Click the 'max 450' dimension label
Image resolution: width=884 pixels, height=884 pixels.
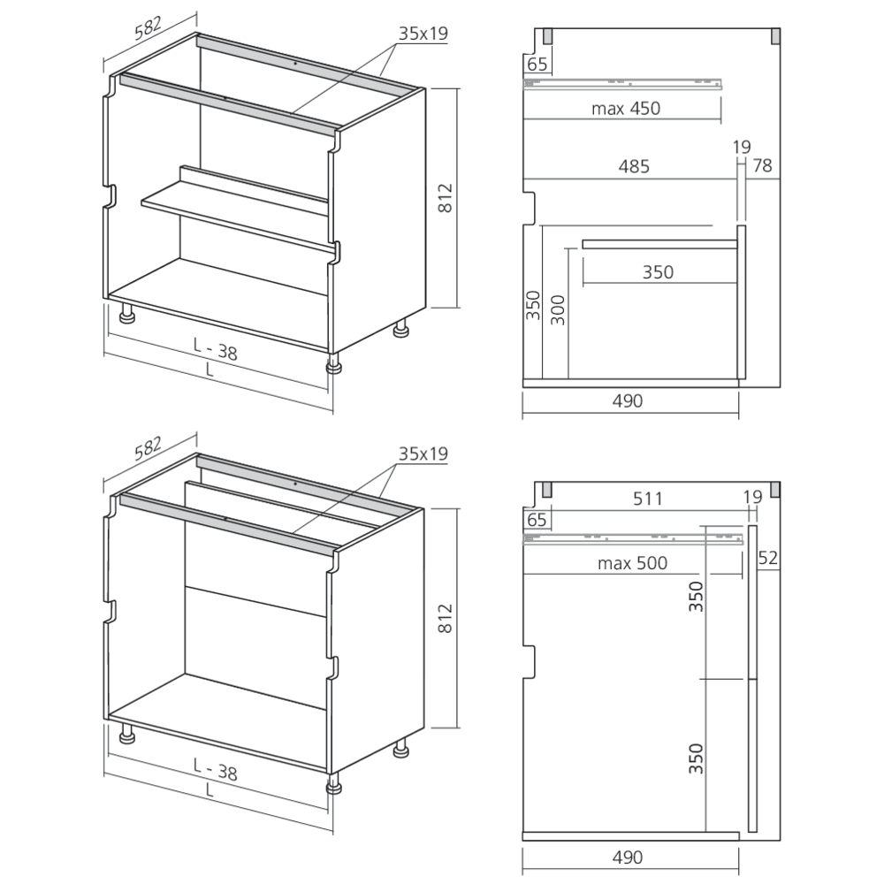pos(627,109)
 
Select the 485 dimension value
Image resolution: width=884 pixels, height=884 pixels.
pos(634,165)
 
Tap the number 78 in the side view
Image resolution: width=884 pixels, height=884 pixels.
pos(761,165)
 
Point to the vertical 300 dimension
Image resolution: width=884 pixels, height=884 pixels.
pos(558,309)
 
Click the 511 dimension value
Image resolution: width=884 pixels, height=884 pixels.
pos(647,498)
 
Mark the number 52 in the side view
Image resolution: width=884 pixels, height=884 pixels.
pos(767,558)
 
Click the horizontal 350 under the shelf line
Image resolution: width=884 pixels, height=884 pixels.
pos(658,272)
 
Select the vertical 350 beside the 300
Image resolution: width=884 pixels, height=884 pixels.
pos(533,306)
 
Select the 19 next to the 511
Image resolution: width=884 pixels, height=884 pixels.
pos(751,498)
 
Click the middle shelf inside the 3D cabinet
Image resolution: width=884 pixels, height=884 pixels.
pos(234,212)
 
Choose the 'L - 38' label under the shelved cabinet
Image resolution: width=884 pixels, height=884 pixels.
pos(216,352)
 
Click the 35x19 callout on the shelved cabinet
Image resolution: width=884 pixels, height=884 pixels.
pos(423,34)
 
